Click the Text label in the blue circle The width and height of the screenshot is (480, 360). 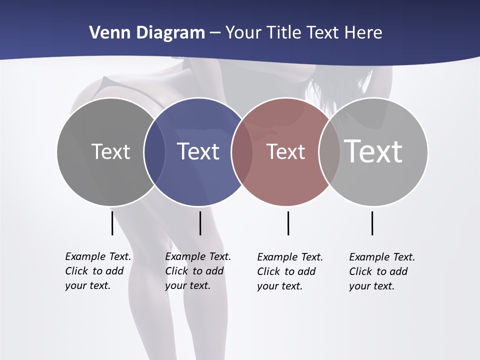198,151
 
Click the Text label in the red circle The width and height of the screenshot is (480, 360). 285,152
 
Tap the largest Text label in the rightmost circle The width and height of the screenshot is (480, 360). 373,151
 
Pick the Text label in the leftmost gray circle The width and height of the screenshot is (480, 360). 110,151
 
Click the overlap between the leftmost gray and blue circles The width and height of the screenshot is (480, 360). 154,151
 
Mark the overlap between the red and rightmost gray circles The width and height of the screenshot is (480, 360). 329,151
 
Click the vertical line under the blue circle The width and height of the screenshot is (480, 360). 200,223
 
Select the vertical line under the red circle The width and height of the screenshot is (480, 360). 288,223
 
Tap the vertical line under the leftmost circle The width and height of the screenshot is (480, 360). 112,223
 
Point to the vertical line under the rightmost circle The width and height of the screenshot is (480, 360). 372,223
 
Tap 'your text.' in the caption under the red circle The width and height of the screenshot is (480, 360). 280,286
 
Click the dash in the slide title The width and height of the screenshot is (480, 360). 215,33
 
